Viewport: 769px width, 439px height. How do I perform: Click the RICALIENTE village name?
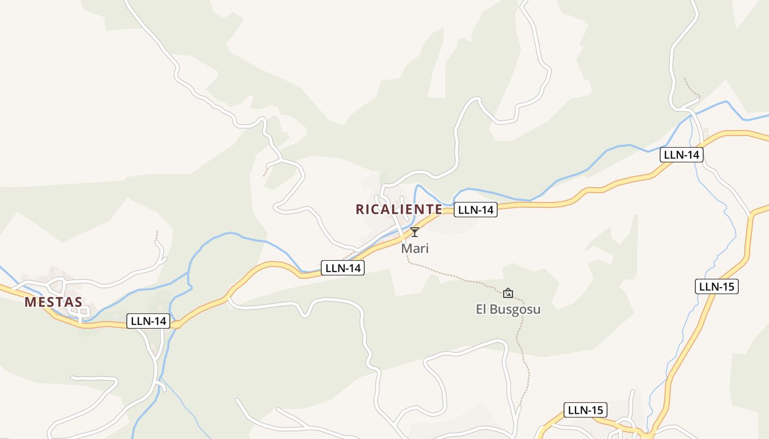pos(399,209)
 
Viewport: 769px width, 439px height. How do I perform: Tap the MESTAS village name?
pos(53,302)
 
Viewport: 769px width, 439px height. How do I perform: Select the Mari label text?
pos(415,248)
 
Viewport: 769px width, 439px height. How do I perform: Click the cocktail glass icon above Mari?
pos(415,232)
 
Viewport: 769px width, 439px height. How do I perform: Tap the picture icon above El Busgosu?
pos(508,293)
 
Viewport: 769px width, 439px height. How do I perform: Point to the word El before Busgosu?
pos(481,309)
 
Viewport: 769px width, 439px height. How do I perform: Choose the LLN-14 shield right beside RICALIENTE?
pos(476,209)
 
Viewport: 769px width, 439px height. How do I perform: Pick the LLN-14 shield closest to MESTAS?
pos(148,321)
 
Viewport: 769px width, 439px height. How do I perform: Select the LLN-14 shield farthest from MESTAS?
pos(681,155)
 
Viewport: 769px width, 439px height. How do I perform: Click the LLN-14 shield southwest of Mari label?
pos(342,268)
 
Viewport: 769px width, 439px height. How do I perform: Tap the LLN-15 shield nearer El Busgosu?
pos(586,410)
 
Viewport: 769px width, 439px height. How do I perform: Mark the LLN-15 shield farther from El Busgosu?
pos(716,286)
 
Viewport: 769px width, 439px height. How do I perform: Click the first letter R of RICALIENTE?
pos(360,209)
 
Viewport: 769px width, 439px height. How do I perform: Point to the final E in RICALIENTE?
pos(438,209)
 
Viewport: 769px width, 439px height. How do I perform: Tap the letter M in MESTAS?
pos(30,302)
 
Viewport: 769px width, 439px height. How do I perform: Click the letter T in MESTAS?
pos(59,302)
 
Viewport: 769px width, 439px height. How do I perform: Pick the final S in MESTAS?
pos(79,302)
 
